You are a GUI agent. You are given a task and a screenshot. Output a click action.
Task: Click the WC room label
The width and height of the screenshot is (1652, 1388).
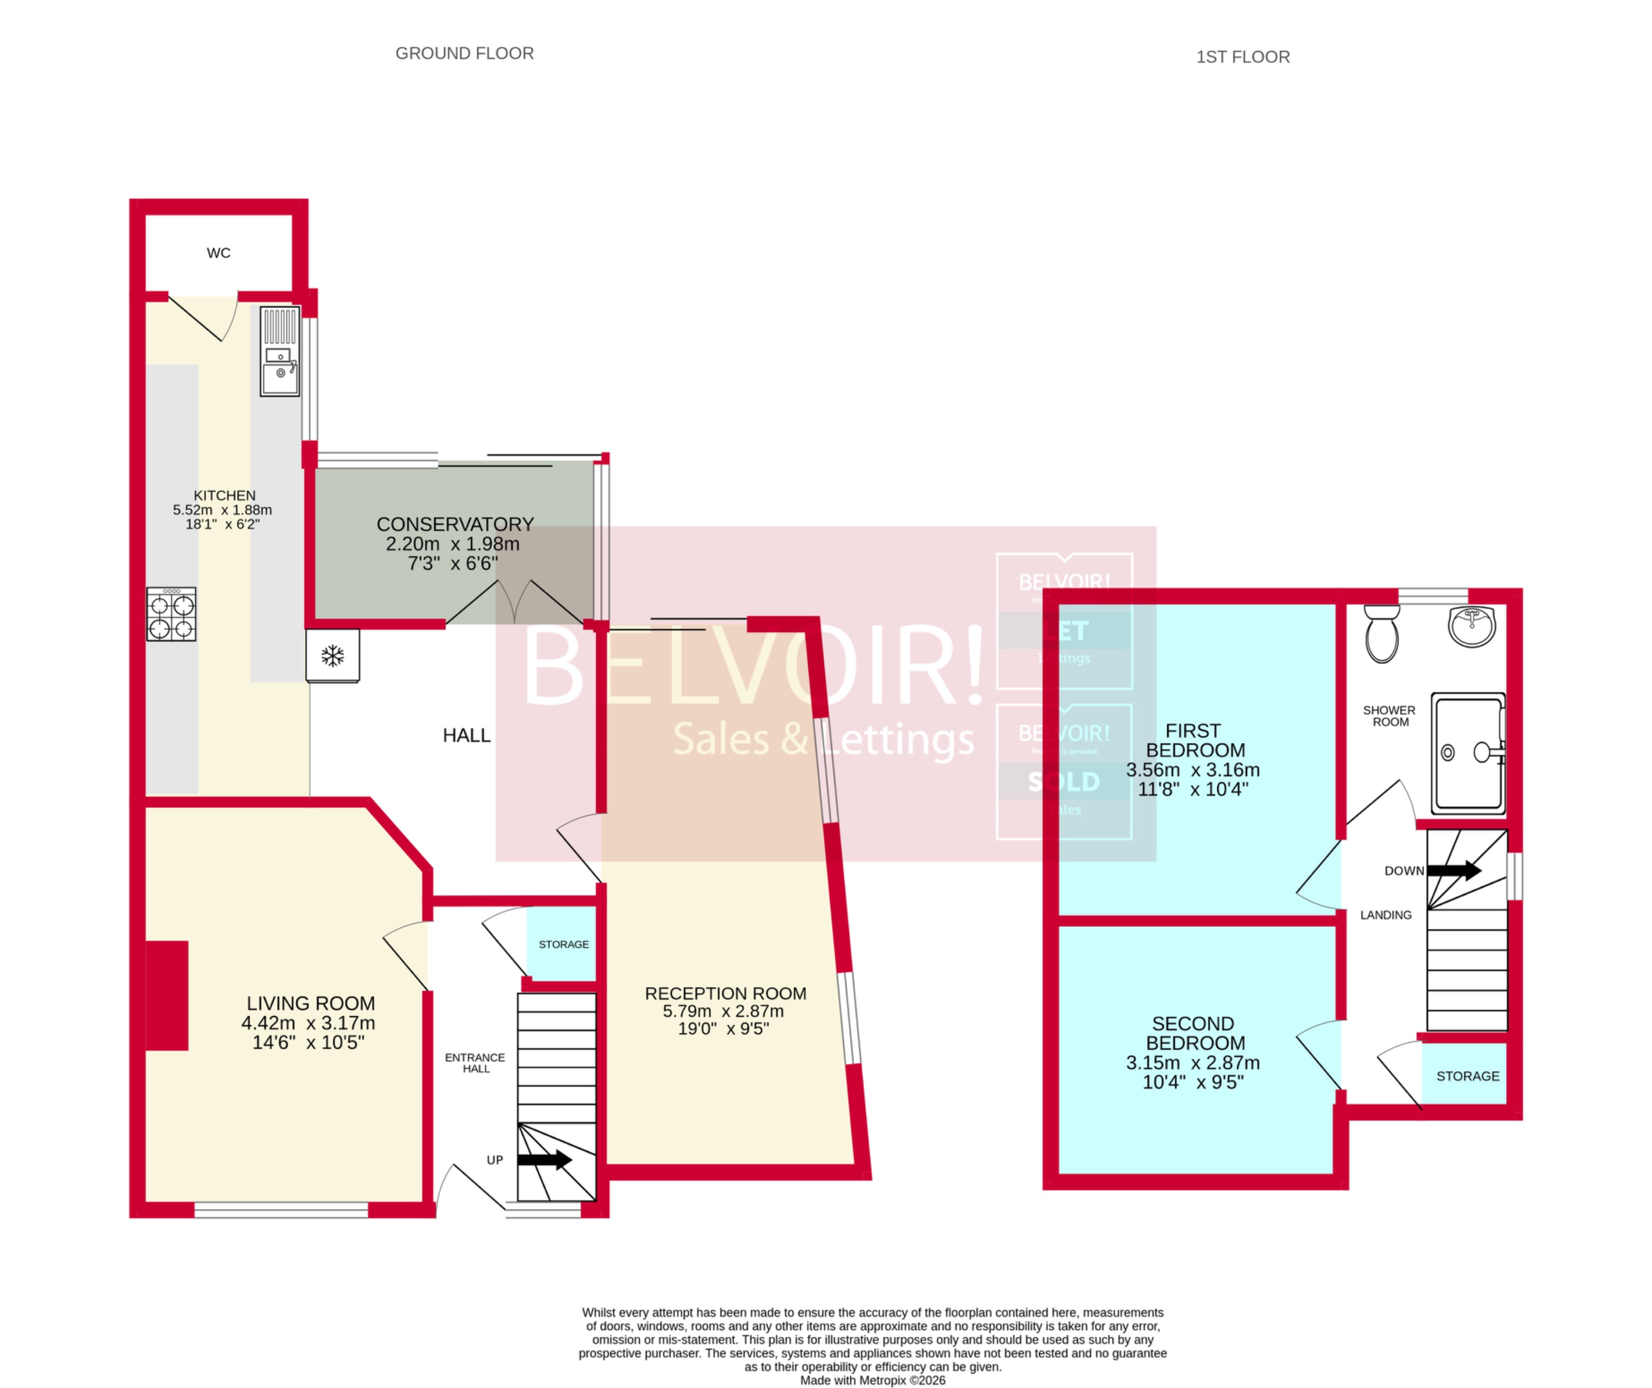click(x=218, y=253)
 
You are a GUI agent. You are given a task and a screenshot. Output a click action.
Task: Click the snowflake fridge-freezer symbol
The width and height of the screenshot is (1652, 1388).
click(x=333, y=655)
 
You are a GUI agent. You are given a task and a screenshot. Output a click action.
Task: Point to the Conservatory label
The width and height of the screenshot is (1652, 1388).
click(x=455, y=524)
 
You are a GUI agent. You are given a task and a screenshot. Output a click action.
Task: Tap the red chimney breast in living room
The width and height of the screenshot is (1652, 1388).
click(x=167, y=995)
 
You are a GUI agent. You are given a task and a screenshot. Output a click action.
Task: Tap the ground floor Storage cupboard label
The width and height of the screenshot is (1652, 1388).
click(x=564, y=944)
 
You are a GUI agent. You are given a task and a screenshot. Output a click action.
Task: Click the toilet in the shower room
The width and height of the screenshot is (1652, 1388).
click(x=1381, y=633)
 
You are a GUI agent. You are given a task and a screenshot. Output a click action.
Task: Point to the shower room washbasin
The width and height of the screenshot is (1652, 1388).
click(x=1471, y=626)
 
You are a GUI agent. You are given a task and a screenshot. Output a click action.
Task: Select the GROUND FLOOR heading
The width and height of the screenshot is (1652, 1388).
click(x=465, y=53)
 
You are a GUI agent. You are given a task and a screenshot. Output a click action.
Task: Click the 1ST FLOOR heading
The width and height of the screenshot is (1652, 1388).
click(x=1242, y=57)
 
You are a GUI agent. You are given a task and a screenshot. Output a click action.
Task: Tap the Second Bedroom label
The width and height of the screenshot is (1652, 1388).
click(x=1193, y=1033)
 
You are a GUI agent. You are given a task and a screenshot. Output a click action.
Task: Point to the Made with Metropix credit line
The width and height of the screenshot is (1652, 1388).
click(x=872, y=1380)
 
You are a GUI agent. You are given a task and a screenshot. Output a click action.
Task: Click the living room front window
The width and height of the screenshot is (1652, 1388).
click(x=281, y=1210)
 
